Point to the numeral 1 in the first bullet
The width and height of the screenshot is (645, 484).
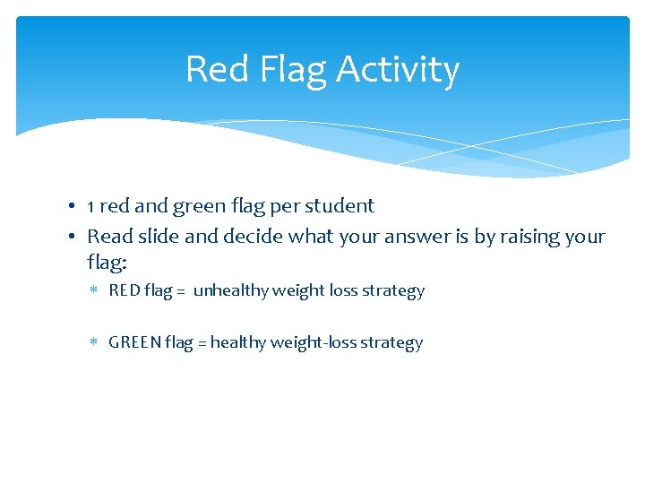(x=91, y=206)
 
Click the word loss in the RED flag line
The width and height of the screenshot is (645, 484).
(x=346, y=290)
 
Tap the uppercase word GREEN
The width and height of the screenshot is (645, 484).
(x=134, y=342)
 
